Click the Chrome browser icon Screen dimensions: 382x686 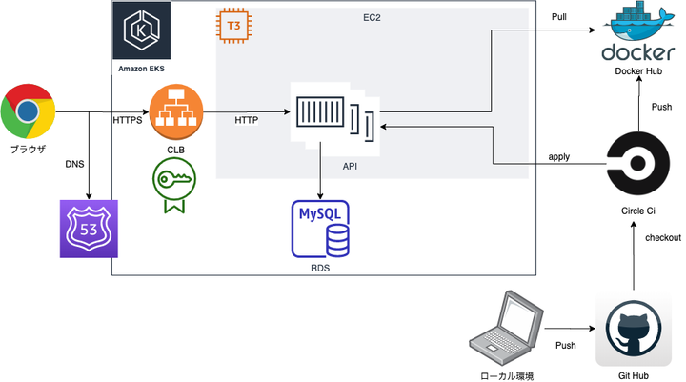28,112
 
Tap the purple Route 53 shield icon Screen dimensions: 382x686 87,229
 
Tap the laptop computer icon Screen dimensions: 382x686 507,330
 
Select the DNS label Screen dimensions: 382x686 74,164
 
